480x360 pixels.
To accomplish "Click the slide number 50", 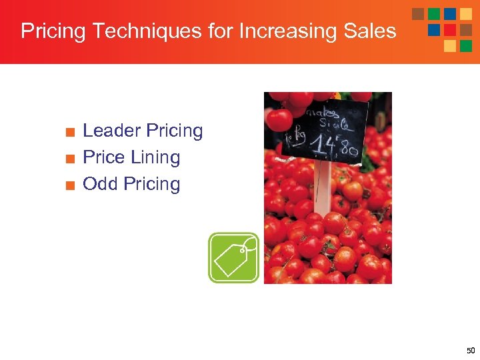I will [x=471, y=351].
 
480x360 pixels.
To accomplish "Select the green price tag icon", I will [x=233, y=258].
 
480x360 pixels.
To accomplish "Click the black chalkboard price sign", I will [x=325, y=131].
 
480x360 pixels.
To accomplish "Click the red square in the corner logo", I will [x=450, y=30].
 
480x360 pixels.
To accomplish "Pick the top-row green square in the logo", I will [x=434, y=14].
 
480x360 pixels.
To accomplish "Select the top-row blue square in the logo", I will [x=450, y=14].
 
